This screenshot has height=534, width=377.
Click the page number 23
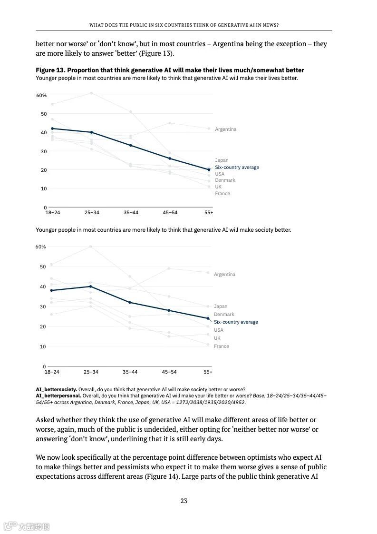point(184,501)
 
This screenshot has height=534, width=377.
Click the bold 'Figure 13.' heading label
point(51,70)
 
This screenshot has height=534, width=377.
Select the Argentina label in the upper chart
point(225,129)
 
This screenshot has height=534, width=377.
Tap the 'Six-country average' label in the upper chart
point(237,168)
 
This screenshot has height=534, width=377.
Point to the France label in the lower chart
point(221,346)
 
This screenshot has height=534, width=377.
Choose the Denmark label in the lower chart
point(223,315)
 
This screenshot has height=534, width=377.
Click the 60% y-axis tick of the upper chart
point(41,96)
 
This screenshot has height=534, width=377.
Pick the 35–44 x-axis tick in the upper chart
point(131,213)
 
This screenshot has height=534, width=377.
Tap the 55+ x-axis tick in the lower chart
point(208,372)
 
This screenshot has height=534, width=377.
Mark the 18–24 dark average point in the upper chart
point(52,129)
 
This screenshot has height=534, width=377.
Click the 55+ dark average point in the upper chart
point(209,169)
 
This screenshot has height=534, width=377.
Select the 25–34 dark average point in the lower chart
point(91,287)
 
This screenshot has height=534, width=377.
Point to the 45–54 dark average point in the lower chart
point(169,310)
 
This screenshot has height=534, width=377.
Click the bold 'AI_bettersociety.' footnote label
point(56,389)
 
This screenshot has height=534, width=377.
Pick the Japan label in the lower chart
point(221,307)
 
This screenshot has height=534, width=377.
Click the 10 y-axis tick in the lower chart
point(43,347)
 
